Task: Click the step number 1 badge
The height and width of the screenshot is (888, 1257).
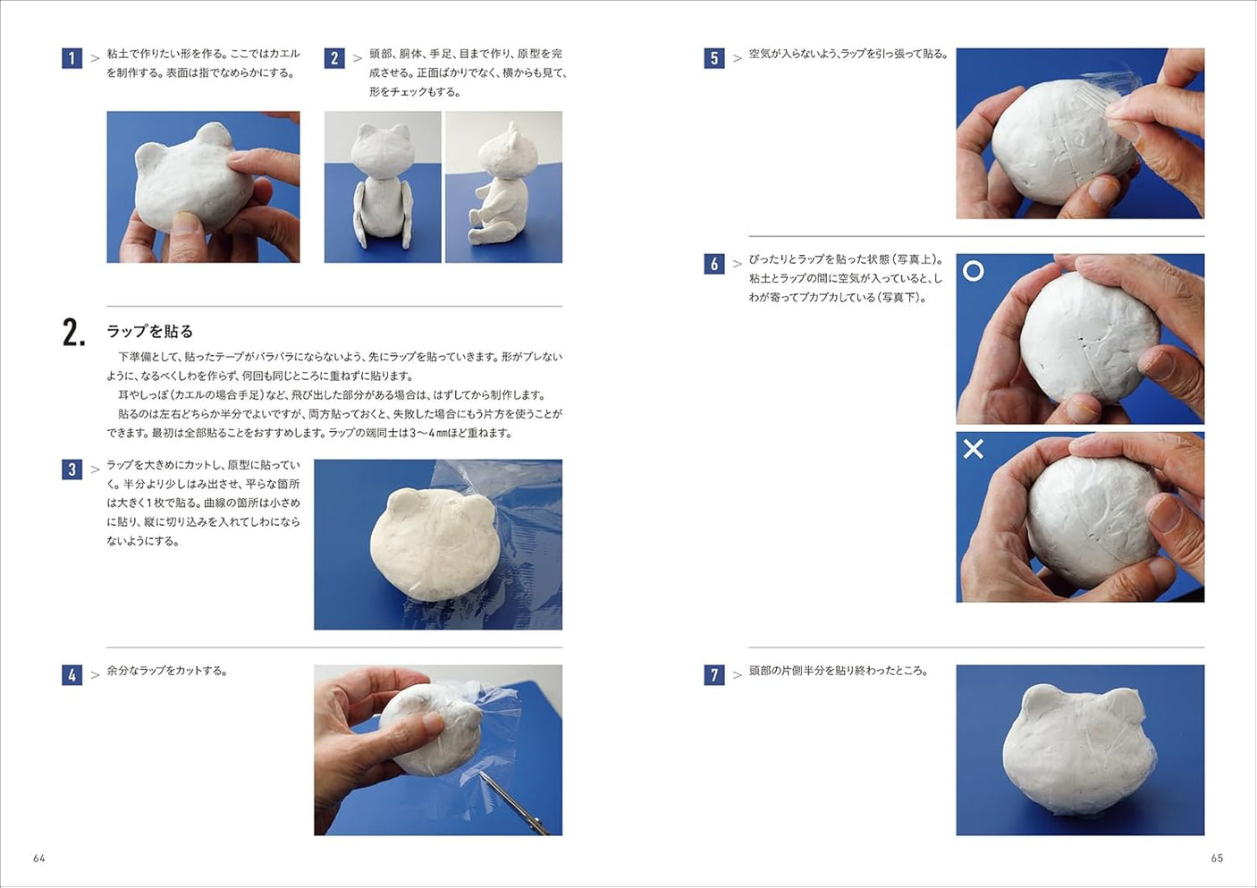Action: [x=72, y=59]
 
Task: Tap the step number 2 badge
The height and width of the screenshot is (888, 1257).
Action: [x=334, y=59]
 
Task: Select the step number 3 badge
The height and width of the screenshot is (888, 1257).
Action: [x=72, y=469]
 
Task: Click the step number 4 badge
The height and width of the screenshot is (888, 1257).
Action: [x=72, y=675]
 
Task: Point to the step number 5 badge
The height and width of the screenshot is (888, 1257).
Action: [x=713, y=59]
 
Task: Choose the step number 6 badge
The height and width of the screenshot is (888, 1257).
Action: [x=713, y=264]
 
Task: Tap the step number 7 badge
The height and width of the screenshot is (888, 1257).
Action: [x=713, y=675]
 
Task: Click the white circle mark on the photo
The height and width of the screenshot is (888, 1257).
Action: [x=974, y=271]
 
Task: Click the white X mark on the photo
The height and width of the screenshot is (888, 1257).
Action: [x=974, y=449]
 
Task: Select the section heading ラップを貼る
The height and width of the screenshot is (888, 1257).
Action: [x=149, y=332]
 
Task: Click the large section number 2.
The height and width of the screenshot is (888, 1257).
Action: [x=73, y=333]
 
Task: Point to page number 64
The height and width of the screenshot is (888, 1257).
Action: [x=39, y=858]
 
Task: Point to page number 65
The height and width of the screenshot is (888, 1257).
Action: [x=1217, y=858]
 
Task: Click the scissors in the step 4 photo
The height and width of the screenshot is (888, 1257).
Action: [x=513, y=801]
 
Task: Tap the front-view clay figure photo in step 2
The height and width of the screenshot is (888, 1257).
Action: [x=383, y=187]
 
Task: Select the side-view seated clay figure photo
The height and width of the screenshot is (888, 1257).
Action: [x=503, y=187]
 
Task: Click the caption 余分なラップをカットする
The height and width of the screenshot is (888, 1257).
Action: [x=167, y=671]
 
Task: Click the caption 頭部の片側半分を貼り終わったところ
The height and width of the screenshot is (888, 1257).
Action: [x=838, y=671]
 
